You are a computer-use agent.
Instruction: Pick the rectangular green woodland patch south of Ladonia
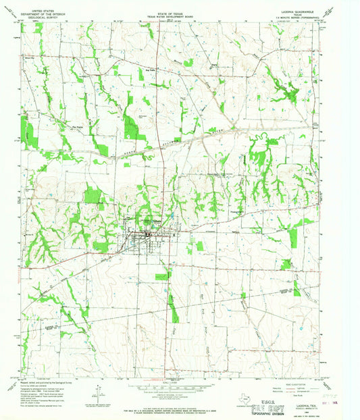pyautogui.click(x=163, y=276)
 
